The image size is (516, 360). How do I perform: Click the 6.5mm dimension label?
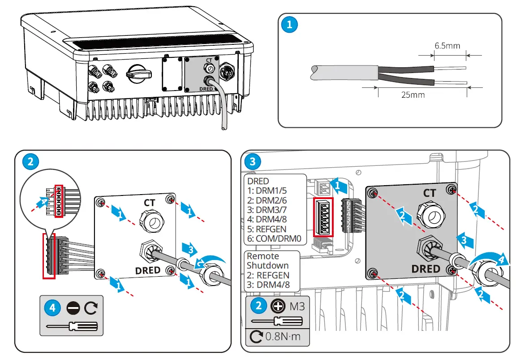447,46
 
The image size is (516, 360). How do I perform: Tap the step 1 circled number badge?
289,25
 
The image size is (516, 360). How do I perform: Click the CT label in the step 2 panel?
149,203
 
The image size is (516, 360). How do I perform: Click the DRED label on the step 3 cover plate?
425,269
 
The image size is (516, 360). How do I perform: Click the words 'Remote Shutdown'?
268,260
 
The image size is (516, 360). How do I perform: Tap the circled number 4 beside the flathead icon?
52,308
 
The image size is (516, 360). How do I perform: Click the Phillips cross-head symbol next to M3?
278,306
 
